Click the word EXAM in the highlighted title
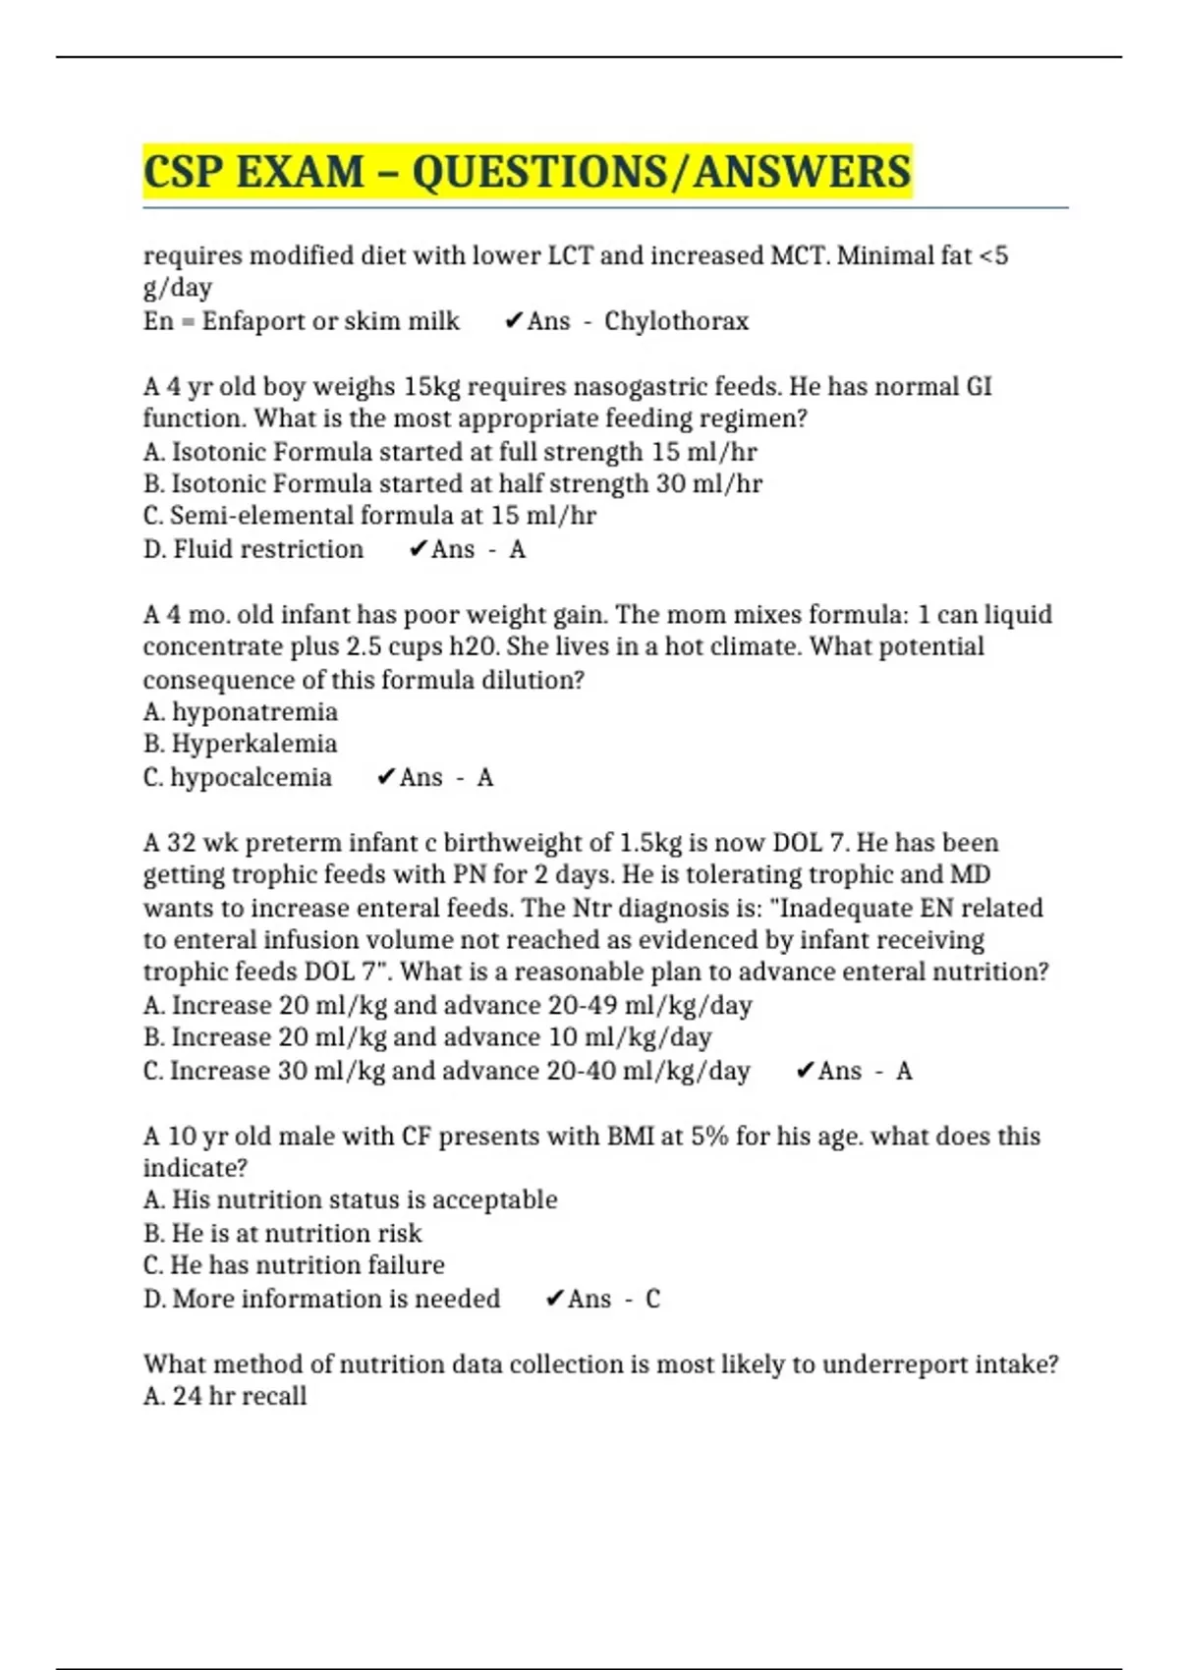pyautogui.click(x=300, y=172)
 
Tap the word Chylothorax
pyautogui.click(x=676, y=321)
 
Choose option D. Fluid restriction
pyautogui.click(x=253, y=549)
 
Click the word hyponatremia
pyautogui.click(x=254, y=711)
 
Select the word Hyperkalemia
pyautogui.click(x=254, y=744)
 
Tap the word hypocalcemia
pyautogui.click(x=251, y=777)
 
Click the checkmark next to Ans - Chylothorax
pyautogui.click(x=512, y=321)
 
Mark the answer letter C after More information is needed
pyautogui.click(x=652, y=1299)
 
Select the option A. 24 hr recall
pyautogui.click(x=225, y=1396)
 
